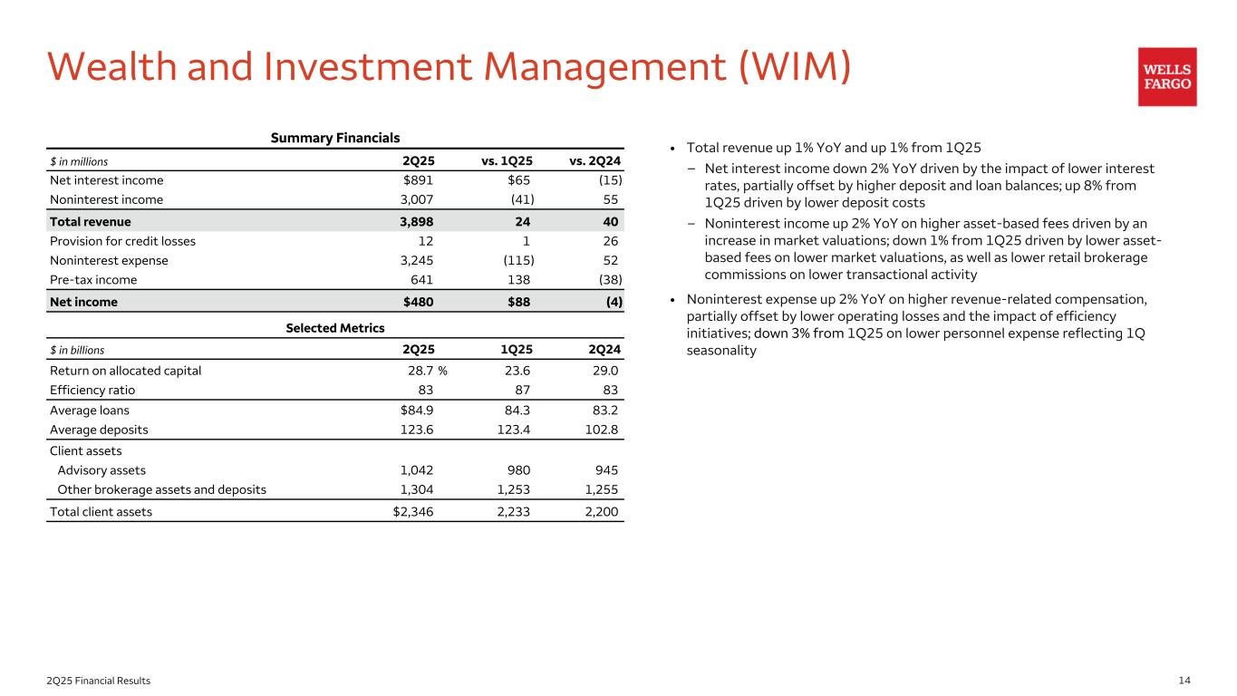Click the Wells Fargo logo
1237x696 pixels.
[1167, 77]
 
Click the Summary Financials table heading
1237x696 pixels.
[335, 139]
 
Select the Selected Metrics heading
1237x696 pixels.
[335, 328]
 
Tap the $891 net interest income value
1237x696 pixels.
[419, 180]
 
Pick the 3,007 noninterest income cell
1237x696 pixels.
[417, 200]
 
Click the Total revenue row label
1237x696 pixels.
[91, 221]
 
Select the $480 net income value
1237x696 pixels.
[419, 302]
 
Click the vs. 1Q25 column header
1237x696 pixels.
[507, 161]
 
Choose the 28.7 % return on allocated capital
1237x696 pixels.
[428, 370]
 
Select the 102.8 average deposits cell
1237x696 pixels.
[601, 430]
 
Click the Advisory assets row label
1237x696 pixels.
[101, 470]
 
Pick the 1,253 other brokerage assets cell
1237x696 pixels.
[512, 490]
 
